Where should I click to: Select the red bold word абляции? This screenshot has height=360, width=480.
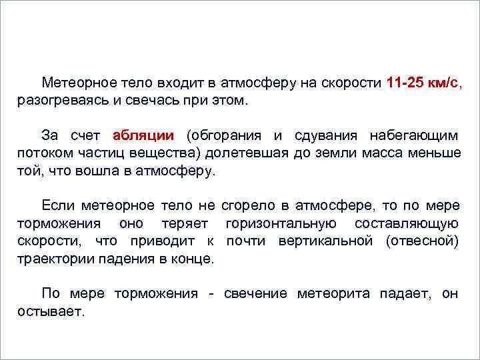coord(143,136)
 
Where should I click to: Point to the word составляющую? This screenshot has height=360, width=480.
coord(407,223)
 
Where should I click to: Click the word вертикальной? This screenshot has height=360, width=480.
coord(331,240)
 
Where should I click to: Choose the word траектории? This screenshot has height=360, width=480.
coord(53,258)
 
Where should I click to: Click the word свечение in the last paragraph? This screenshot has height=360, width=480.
coord(255,293)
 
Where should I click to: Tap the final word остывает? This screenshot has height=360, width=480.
coord(51,311)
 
